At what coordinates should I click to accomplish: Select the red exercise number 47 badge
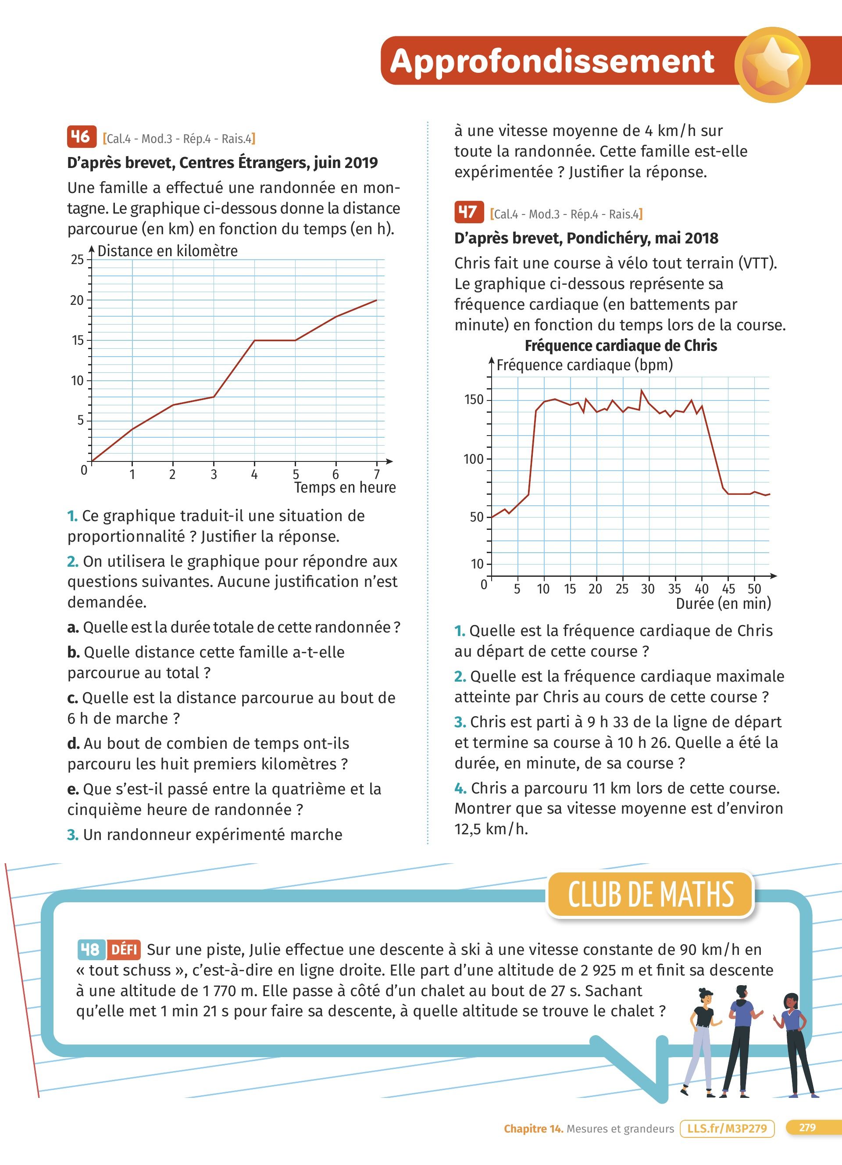[x=469, y=212]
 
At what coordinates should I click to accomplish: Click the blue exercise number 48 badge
[x=91, y=949]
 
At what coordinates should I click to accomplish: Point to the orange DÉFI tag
[x=124, y=949]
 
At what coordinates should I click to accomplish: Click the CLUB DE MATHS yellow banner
[x=650, y=894]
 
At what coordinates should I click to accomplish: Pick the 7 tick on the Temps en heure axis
[x=376, y=474]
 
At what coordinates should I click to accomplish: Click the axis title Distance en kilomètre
[x=168, y=250]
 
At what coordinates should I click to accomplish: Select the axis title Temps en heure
[x=345, y=487]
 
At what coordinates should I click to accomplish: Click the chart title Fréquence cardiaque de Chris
[x=620, y=346]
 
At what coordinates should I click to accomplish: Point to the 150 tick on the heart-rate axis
[x=474, y=400]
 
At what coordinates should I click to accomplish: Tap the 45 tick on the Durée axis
[x=728, y=589]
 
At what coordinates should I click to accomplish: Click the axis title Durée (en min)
[x=723, y=604]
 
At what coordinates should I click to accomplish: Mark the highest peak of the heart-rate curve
[x=641, y=390]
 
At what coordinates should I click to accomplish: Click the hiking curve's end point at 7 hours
[x=376, y=300]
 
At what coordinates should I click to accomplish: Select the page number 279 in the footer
[x=807, y=1128]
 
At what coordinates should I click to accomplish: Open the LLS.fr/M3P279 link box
[x=727, y=1129]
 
